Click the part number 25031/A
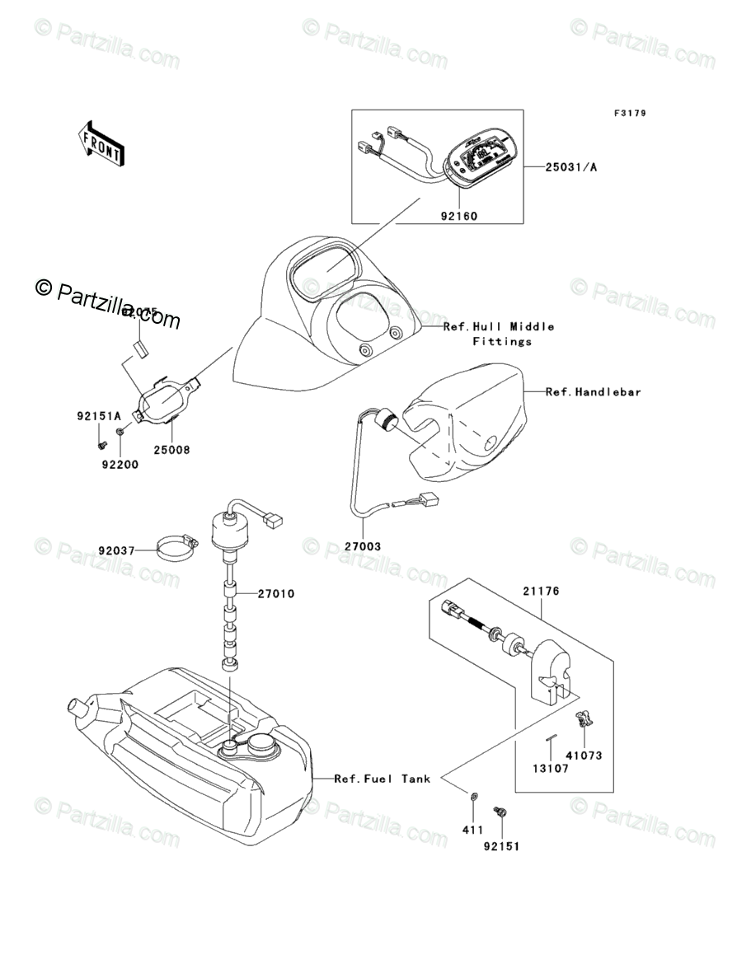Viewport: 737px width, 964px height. [570, 167]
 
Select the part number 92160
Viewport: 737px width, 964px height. [459, 217]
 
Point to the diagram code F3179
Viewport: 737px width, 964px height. [628, 114]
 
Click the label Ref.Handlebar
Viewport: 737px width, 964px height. [593, 392]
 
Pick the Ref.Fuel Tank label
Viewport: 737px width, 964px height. [382, 779]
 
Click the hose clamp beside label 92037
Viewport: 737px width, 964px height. [176, 546]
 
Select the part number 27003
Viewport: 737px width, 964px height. [363, 545]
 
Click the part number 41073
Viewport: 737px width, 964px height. [584, 755]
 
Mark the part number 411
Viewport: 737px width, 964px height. [472, 830]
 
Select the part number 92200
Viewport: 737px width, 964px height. [120, 465]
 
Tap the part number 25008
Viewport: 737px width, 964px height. [171, 450]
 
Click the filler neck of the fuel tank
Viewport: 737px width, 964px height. [81, 708]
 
